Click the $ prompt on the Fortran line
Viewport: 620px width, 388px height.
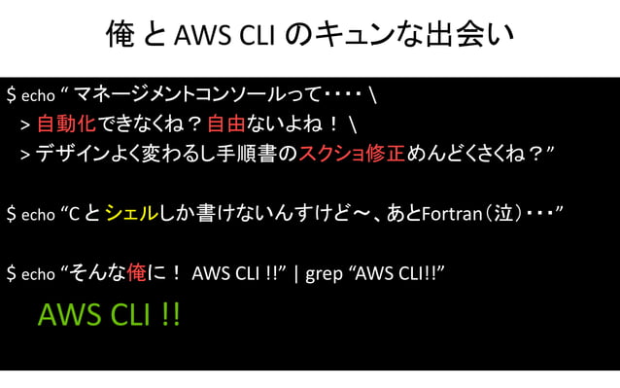pyautogui.click(x=10, y=213)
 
